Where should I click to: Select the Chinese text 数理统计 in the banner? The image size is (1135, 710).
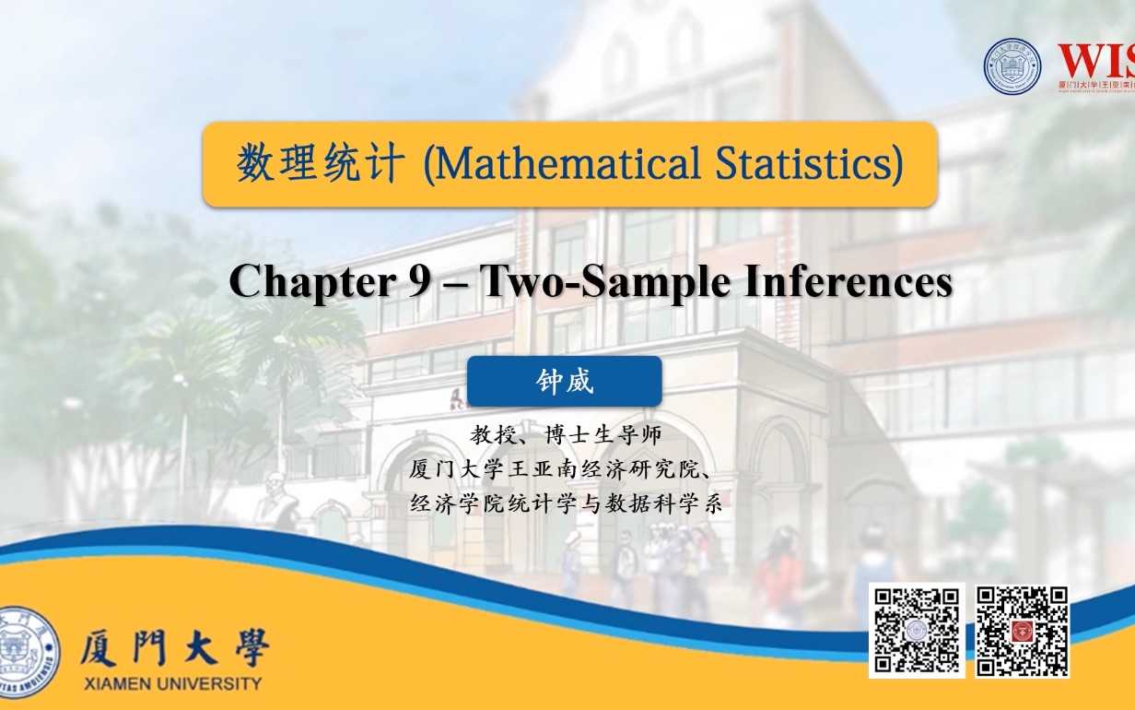[320, 164]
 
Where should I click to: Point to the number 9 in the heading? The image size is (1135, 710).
[419, 281]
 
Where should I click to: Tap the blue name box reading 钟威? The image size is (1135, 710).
[564, 381]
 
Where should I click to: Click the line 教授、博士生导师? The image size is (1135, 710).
[566, 433]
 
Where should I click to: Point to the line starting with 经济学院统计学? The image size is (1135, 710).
[566, 504]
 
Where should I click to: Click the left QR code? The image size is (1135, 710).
[917, 630]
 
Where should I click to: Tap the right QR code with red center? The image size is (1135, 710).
[1022, 631]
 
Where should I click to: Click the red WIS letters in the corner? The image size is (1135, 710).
[1095, 63]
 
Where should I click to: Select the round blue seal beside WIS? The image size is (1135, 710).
[1012, 66]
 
